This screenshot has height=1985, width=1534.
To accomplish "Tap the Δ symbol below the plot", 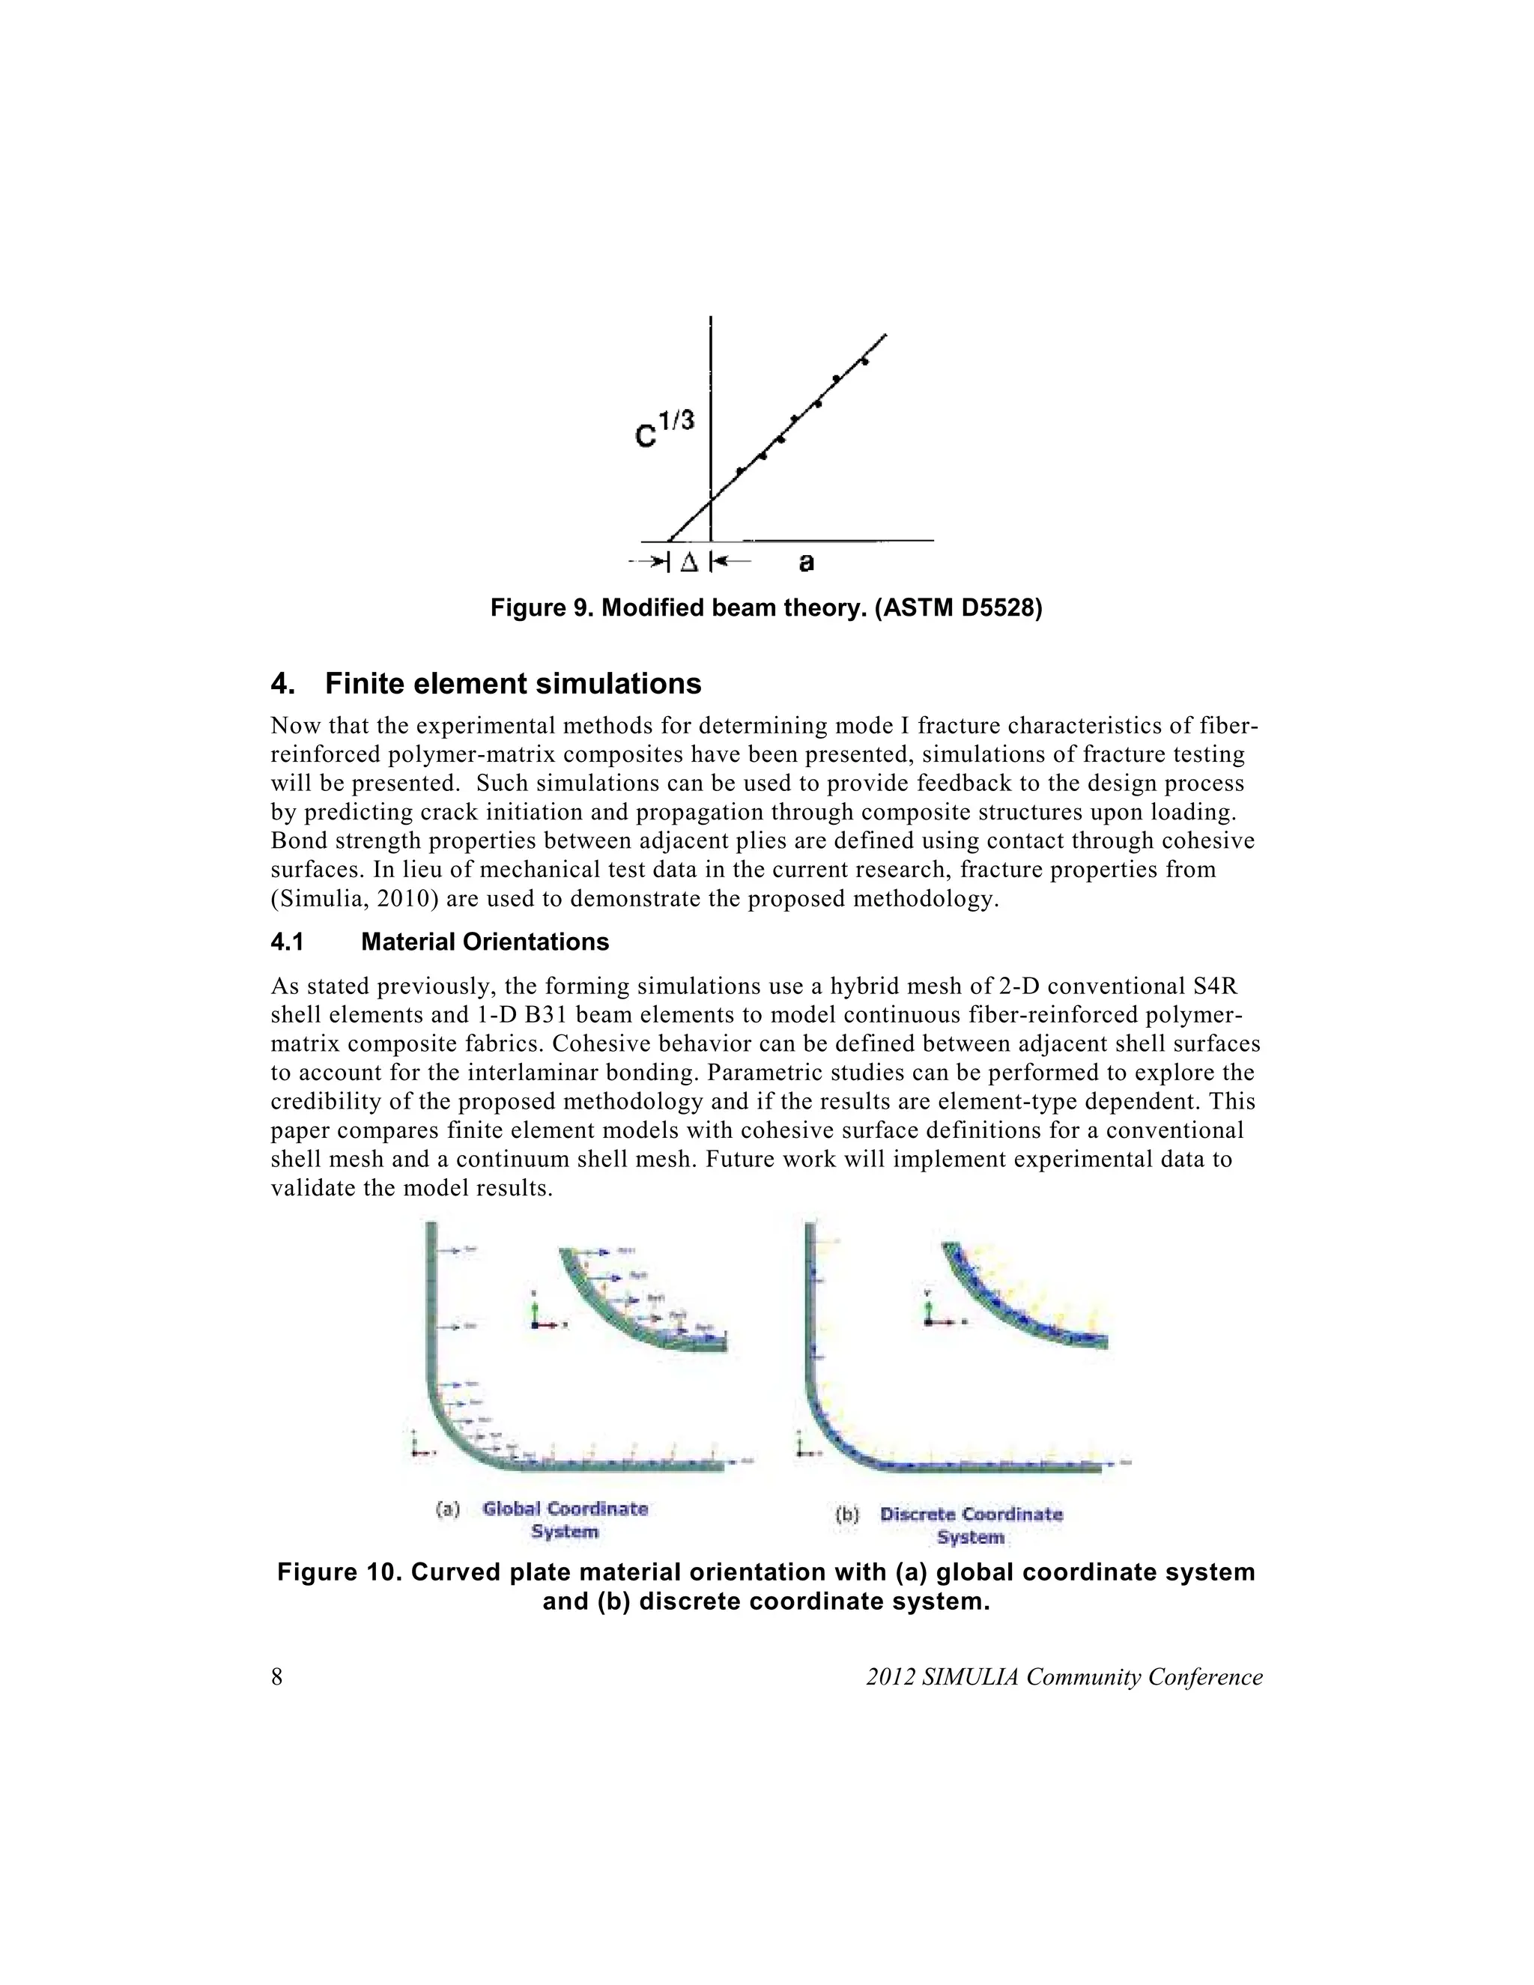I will pos(689,563).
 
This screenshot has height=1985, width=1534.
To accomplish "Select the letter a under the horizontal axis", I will pos(806,563).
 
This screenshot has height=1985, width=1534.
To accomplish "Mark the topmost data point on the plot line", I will pos(864,362).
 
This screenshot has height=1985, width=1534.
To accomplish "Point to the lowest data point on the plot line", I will pos(740,471).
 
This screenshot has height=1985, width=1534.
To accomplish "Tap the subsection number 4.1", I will pos(287,942).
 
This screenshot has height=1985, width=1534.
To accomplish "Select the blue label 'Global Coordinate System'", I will pos(566,1521).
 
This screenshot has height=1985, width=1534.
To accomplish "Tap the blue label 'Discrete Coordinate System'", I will pos(971,1526).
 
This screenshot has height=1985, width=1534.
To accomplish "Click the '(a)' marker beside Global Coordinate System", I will pos(446,1509).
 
